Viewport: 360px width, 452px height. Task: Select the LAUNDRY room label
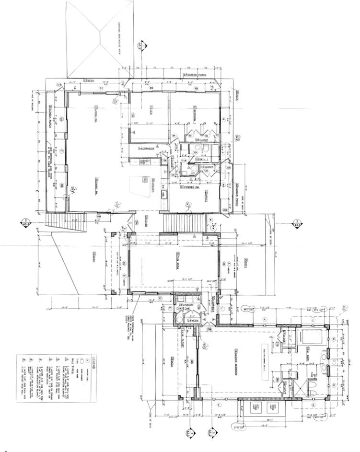186,304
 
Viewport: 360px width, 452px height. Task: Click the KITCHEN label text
153,185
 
